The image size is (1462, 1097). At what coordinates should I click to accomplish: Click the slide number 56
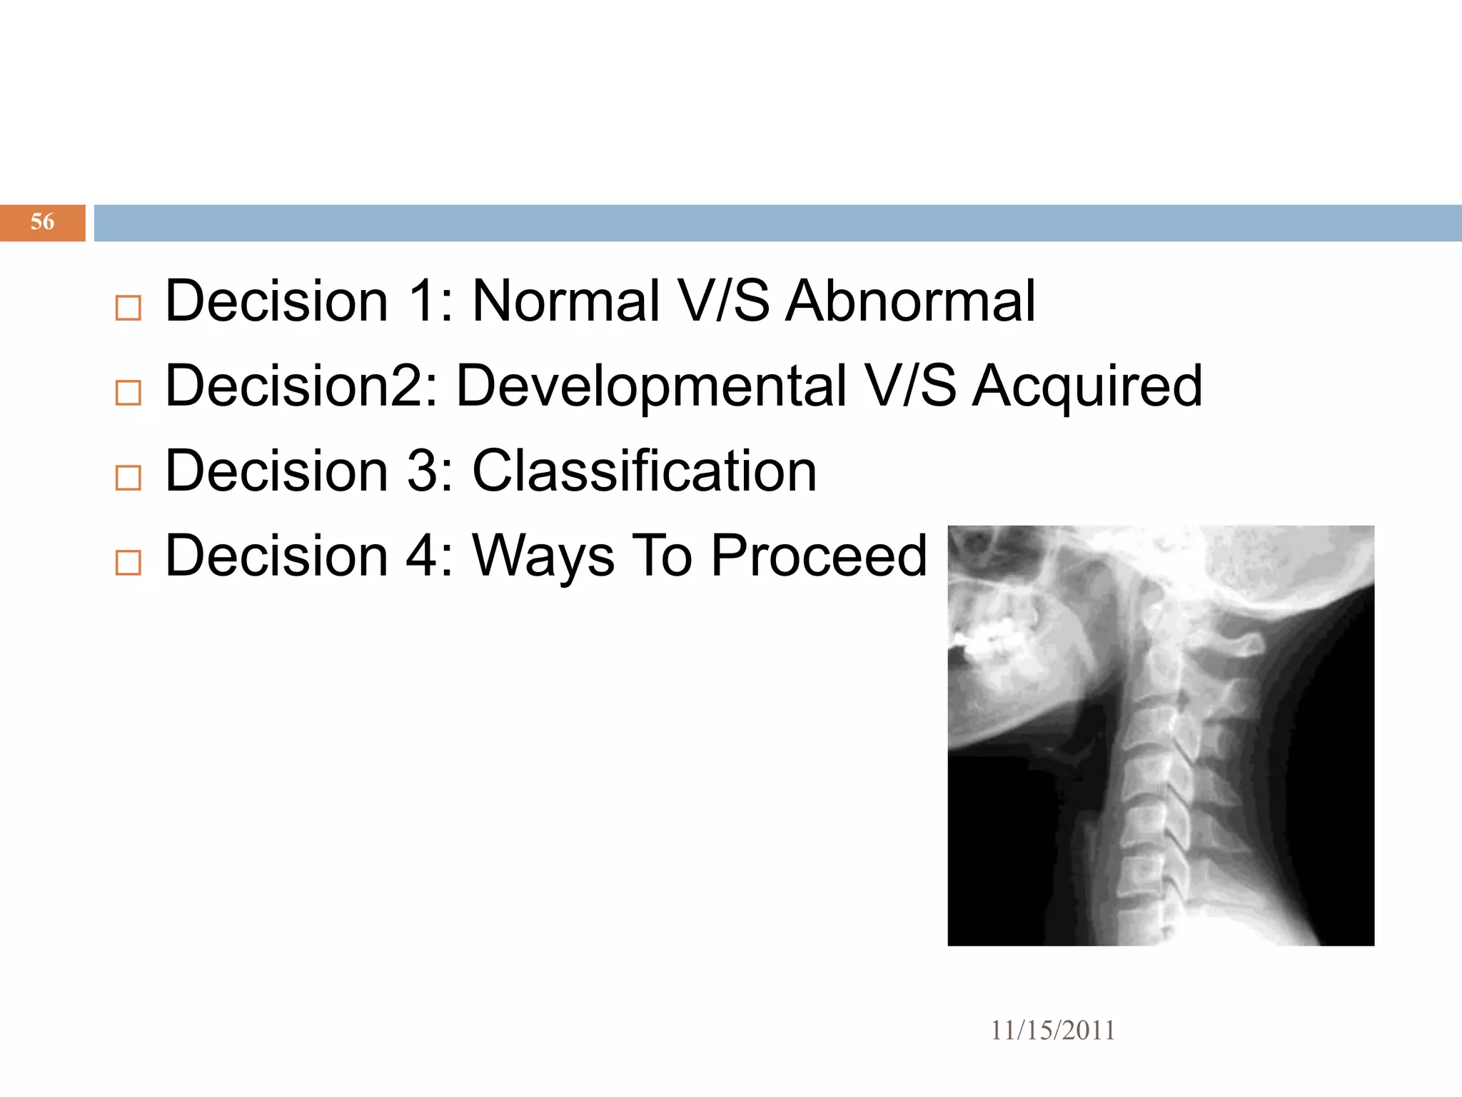pyautogui.click(x=42, y=222)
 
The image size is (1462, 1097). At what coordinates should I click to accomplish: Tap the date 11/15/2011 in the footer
pyautogui.click(x=1052, y=1031)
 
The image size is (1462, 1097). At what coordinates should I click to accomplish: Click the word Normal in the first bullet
pyautogui.click(x=565, y=301)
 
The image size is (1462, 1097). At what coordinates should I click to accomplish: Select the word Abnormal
pyautogui.click(x=910, y=301)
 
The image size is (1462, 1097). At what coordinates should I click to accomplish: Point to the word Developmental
pyautogui.click(x=651, y=386)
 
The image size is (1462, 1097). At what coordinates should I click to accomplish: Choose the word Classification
pyautogui.click(x=644, y=471)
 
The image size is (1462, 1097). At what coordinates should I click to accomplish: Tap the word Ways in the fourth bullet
pyautogui.click(x=543, y=557)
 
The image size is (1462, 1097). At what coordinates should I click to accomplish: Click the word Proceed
pyautogui.click(x=819, y=556)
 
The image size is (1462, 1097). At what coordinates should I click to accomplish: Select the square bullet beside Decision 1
pyautogui.click(x=128, y=309)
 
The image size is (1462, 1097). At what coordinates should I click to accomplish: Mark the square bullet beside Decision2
pyautogui.click(x=128, y=393)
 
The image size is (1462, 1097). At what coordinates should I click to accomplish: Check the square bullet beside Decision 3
pyautogui.click(x=128, y=478)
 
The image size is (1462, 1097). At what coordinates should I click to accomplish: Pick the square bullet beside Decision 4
pyautogui.click(x=128, y=563)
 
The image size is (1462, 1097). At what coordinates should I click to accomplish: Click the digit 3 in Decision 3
pyautogui.click(x=422, y=471)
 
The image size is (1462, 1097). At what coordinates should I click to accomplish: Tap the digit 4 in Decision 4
pyautogui.click(x=422, y=556)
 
